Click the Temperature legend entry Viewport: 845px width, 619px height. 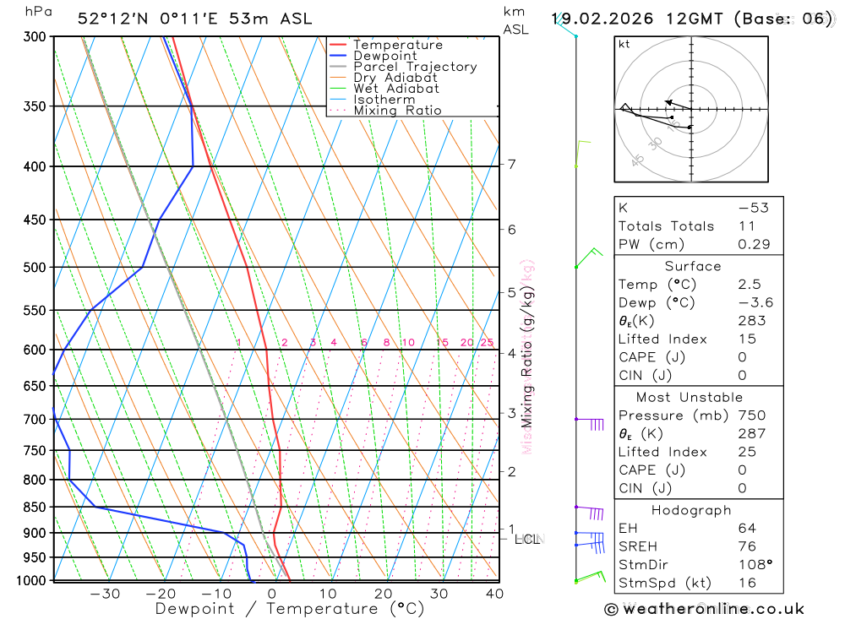[x=397, y=45]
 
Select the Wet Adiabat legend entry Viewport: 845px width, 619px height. [x=395, y=89]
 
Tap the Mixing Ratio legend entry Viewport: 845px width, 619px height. [x=397, y=111]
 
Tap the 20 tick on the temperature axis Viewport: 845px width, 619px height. [x=383, y=594]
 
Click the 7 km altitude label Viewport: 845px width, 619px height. [x=512, y=164]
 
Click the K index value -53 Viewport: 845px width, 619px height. [x=752, y=208]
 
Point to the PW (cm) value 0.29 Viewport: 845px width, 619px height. [x=754, y=244]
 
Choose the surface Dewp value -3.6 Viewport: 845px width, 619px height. [x=755, y=302]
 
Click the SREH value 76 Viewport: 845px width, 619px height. [x=746, y=546]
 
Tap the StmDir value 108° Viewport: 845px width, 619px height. [x=753, y=564]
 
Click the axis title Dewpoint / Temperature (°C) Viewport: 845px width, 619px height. [x=290, y=609]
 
